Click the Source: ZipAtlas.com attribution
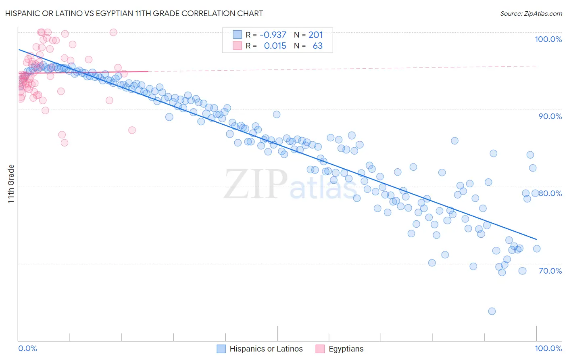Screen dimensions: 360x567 click(531, 14)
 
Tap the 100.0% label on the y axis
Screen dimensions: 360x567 click(548, 39)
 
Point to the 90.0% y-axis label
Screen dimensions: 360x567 click(550, 116)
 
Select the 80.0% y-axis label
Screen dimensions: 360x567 click(550, 193)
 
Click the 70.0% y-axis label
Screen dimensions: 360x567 click(550, 271)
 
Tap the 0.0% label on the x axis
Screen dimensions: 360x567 click(27, 348)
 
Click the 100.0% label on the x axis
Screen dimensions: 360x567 click(548, 348)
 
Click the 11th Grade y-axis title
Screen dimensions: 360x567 click(11, 184)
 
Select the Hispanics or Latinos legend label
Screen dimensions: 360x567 click(266, 349)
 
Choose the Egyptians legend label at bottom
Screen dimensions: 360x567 click(346, 349)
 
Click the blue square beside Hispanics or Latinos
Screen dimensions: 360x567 click(221, 349)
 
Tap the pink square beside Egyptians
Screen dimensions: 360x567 click(320, 349)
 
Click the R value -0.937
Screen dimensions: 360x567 click(273, 35)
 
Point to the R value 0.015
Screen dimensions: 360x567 click(275, 46)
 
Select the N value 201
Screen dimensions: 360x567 click(315, 35)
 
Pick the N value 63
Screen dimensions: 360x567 click(317, 46)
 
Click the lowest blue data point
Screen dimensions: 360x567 click(492, 311)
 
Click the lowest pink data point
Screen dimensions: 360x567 click(65, 142)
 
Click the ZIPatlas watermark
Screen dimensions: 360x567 click(290, 184)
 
